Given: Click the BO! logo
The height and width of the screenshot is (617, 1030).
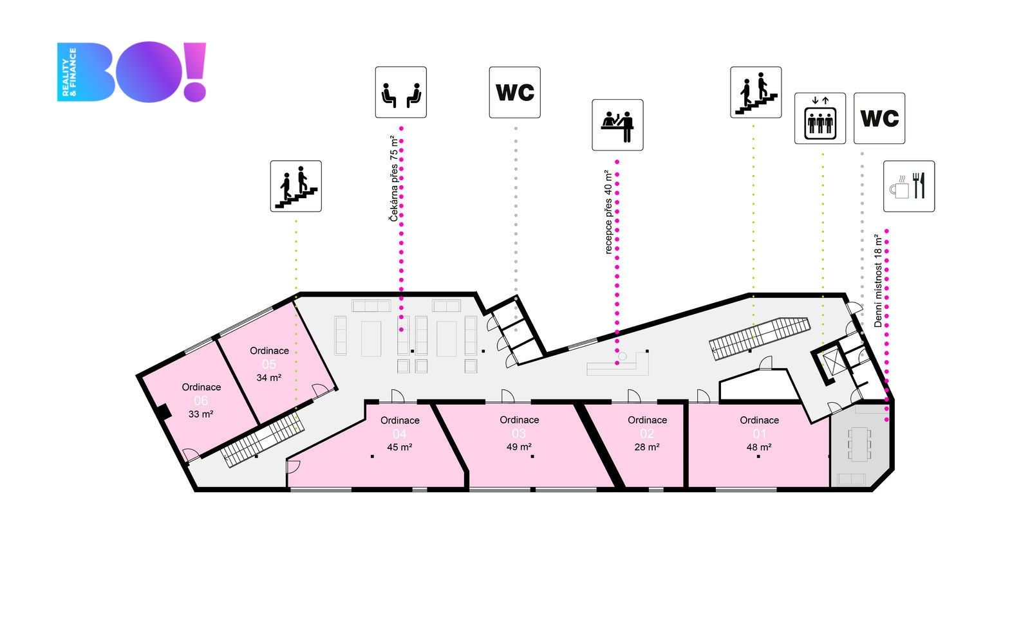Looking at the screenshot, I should point(132,72).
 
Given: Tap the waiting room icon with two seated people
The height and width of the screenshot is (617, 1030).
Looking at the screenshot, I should point(400,92).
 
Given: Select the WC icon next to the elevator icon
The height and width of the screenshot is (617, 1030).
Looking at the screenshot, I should point(879,118).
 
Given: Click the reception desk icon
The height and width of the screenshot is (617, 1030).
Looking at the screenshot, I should point(617,125).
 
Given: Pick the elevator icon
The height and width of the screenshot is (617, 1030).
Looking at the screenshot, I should point(819,118).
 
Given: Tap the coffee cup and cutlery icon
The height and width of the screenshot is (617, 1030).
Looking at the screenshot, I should point(908,187).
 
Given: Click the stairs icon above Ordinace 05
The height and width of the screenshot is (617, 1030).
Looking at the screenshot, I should point(295,187).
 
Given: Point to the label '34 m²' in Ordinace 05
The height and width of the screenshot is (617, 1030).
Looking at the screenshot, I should point(268,378).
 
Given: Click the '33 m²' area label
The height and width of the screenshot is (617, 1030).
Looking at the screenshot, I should point(201,414).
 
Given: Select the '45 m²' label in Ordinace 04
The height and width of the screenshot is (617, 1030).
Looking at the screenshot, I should point(400,447).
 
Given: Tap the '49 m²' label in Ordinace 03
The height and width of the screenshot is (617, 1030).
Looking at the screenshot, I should point(519,447).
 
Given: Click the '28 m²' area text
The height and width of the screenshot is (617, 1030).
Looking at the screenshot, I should point(647,447).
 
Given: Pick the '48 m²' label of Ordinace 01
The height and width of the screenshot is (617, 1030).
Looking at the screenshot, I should point(759,447).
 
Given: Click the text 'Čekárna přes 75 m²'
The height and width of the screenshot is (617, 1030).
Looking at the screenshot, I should point(393,179).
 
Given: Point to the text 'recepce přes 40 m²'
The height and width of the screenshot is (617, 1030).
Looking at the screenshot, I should point(608,212).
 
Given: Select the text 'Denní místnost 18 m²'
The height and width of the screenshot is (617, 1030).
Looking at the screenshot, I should point(878,281).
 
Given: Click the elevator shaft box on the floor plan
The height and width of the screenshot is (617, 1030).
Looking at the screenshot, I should point(833,364).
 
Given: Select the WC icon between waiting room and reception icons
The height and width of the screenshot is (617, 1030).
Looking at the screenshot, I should point(514,92).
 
